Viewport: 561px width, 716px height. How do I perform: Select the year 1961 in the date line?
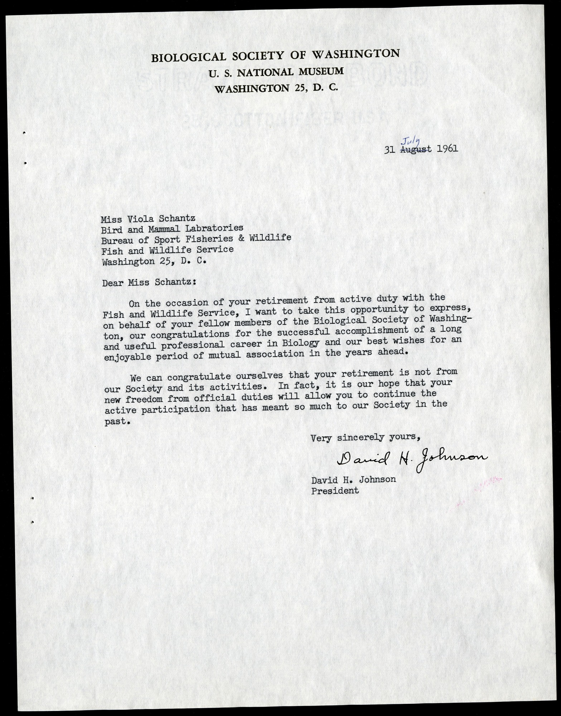click(x=448, y=148)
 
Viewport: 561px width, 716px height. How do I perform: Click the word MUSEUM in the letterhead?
click(x=320, y=71)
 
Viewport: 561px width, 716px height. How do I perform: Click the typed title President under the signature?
click(x=335, y=491)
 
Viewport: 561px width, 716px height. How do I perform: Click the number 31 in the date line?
click(x=389, y=150)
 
